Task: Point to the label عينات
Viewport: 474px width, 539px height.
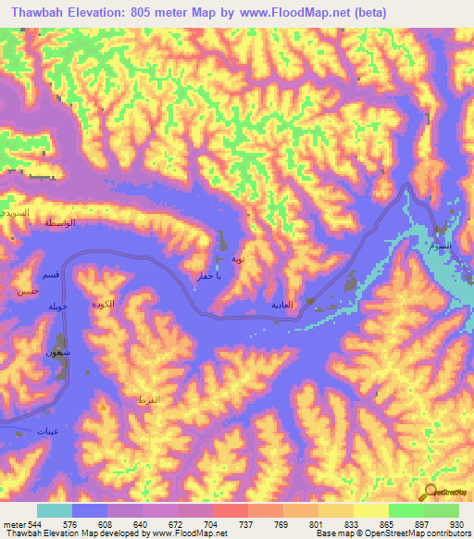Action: click(46, 431)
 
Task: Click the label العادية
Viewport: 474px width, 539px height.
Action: click(281, 304)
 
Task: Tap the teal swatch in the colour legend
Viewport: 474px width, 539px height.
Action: click(55, 510)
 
